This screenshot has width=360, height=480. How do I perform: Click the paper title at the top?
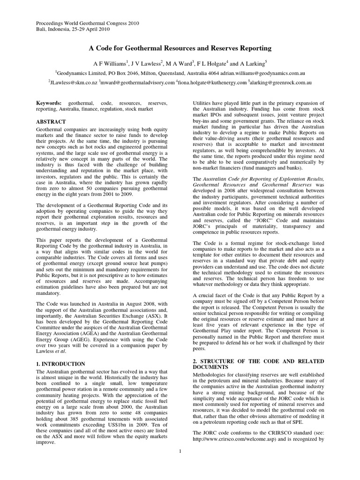pyautogui.click(x=180, y=48)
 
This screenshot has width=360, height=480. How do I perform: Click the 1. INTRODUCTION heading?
pyautogui.click(x=61, y=364)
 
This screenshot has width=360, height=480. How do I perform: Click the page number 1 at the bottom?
pyautogui.click(x=180, y=451)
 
